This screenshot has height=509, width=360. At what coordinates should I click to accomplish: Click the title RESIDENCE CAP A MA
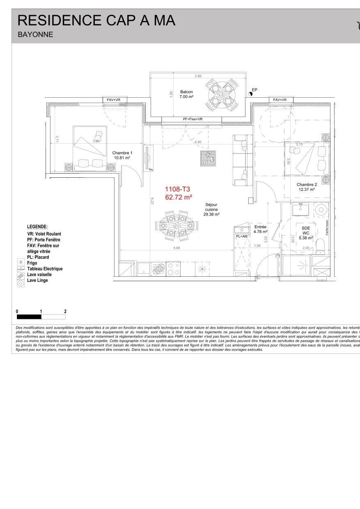[x=96, y=20]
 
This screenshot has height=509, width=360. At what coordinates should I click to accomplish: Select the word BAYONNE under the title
[x=35, y=35]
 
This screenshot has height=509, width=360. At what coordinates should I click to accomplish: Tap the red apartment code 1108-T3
[x=177, y=189]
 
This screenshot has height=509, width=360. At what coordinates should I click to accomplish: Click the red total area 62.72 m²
[x=179, y=197]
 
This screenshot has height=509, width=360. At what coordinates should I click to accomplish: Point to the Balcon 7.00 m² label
[x=186, y=94]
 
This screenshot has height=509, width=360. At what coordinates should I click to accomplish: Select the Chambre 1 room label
[x=122, y=155]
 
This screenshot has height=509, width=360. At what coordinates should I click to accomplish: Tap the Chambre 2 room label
[x=307, y=187]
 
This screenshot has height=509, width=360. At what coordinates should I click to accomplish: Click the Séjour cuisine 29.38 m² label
[x=211, y=209]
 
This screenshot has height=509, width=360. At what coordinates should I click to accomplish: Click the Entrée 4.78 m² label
[x=260, y=229]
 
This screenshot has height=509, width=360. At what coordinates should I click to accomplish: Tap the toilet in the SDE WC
[x=321, y=245]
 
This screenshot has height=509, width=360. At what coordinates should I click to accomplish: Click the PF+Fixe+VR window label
[x=193, y=119]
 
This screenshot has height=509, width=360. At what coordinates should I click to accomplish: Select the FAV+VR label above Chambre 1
[x=114, y=100]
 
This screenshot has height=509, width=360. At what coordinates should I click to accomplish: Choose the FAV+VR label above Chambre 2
[x=280, y=100]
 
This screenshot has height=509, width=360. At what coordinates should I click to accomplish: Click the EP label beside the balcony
[x=255, y=89]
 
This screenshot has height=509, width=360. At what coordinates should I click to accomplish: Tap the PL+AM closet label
[x=242, y=236]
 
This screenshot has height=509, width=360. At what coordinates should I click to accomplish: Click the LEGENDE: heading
[x=37, y=227]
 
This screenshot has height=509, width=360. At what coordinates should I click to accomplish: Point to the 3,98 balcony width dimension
[x=198, y=76]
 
